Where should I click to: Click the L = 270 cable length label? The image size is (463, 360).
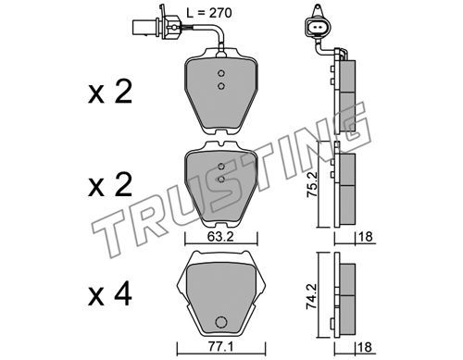(x=209, y=13)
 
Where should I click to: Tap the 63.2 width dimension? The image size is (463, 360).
(x=220, y=237)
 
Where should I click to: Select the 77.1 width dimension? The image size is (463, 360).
(x=220, y=347)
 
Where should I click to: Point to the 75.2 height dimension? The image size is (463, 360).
(x=311, y=185)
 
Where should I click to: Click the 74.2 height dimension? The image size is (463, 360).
(x=311, y=296)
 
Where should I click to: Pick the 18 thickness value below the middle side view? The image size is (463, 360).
(x=366, y=237)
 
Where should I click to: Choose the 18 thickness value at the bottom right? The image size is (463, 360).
(x=366, y=347)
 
